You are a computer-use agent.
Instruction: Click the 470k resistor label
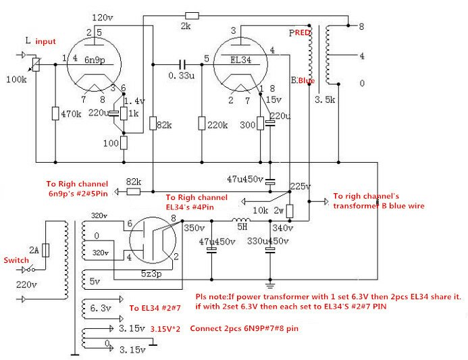71,115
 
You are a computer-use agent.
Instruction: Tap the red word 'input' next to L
45,42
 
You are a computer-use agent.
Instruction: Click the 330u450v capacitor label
267,241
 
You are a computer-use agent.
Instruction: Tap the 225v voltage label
300,186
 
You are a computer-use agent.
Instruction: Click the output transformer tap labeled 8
361,26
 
